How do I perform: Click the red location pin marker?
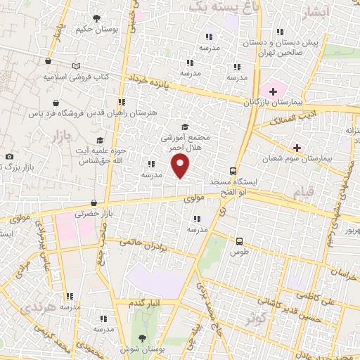[x=181, y=166]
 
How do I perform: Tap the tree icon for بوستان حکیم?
[x=96, y=18]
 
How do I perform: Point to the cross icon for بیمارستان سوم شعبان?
[x=297, y=148]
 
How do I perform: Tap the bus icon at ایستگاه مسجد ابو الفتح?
[x=233, y=171]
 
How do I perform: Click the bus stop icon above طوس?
[x=239, y=240]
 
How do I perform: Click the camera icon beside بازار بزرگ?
[x=8, y=156]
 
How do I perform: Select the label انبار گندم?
[x=146, y=302]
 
